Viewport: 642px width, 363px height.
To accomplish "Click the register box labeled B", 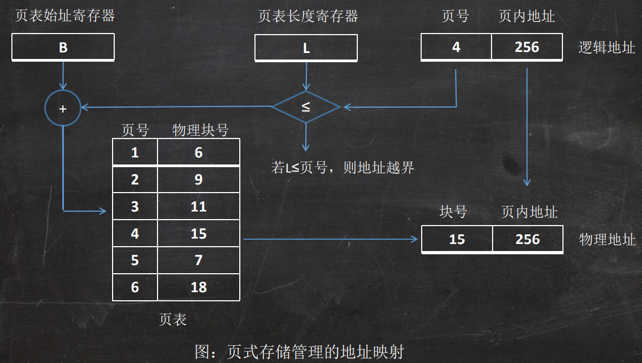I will pyautogui.click(x=63, y=48).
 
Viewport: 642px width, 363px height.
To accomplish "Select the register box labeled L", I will pyautogui.click(x=306, y=48).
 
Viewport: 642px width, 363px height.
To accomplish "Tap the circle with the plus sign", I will pyautogui.click(x=63, y=108).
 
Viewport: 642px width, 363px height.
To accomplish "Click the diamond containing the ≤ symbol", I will pyautogui.click(x=306, y=107).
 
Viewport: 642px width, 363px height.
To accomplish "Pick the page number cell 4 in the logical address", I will pyautogui.click(x=456, y=47).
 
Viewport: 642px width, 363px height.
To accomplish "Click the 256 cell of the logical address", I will pyautogui.click(x=527, y=47).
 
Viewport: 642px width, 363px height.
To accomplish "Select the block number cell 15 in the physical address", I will pyautogui.click(x=457, y=239).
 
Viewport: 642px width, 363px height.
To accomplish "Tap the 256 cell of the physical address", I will pyautogui.click(x=528, y=239).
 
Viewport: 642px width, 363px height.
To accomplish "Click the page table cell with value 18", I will pyautogui.click(x=199, y=287).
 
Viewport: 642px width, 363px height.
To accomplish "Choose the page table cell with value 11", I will pyautogui.click(x=199, y=207).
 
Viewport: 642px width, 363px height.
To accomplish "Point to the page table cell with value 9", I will pyautogui.click(x=199, y=180).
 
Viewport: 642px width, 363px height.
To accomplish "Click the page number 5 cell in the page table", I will pyautogui.click(x=135, y=260).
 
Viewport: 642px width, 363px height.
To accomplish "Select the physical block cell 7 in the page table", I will pyautogui.click(x=199, y=260).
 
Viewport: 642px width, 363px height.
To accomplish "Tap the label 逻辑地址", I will pyautogui.click(x=607, y=48).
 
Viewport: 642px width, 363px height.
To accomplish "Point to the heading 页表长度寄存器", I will pyautogui.click(x=308, y=16).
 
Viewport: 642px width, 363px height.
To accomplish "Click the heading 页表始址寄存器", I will pyautogui.click(x=65, y=16).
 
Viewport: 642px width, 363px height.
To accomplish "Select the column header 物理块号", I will pyautogui.click(x=200, y=130).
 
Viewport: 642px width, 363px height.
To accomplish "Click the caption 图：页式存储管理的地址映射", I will pyautogui.click(x=299, y=352).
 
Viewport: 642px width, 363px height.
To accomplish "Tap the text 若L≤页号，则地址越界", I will pyautogui.click(x=343, y=168).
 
